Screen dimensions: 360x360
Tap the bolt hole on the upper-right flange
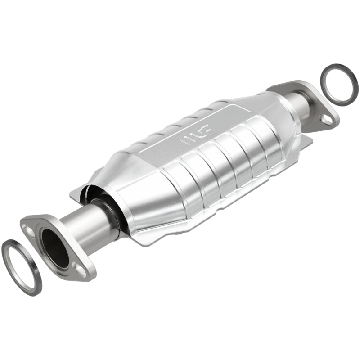[327, 119]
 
